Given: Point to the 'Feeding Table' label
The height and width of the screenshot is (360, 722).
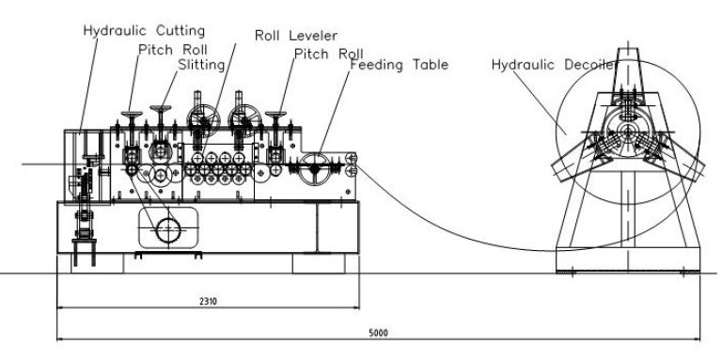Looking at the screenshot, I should click(399, 66).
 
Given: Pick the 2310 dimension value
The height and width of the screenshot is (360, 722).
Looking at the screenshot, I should click(208, 303).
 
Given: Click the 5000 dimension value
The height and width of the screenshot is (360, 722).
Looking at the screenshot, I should click(380, 333).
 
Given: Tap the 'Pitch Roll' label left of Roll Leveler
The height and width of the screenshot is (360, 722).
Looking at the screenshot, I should click(172, 49).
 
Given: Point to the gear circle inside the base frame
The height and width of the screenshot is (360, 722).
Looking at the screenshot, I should click(169, 229).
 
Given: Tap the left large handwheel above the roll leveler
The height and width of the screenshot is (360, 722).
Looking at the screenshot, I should click(202, 120).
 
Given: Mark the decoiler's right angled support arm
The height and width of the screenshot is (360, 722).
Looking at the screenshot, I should click(682, 169).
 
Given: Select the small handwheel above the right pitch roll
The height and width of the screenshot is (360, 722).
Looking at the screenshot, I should click(276, 116).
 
